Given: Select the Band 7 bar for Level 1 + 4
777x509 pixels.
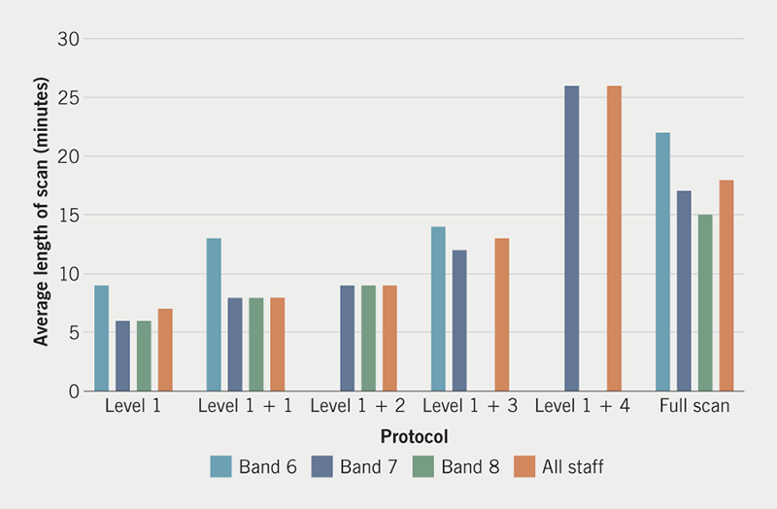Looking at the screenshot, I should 571,238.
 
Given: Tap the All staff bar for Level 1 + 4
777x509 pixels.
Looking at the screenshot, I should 614,238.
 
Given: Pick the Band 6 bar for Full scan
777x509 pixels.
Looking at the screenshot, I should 662,262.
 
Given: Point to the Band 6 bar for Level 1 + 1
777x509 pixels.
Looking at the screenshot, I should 214,315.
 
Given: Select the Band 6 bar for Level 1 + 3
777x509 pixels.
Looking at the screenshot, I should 438,309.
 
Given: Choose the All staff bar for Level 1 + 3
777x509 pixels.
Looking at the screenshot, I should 501,315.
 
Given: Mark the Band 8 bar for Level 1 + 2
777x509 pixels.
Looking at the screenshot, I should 368,338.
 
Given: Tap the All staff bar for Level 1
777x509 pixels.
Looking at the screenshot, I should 165,350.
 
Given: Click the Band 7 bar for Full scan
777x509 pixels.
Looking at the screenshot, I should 684,291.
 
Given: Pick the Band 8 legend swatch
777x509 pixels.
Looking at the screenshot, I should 425,467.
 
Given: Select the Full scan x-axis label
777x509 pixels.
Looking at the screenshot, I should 693,406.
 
